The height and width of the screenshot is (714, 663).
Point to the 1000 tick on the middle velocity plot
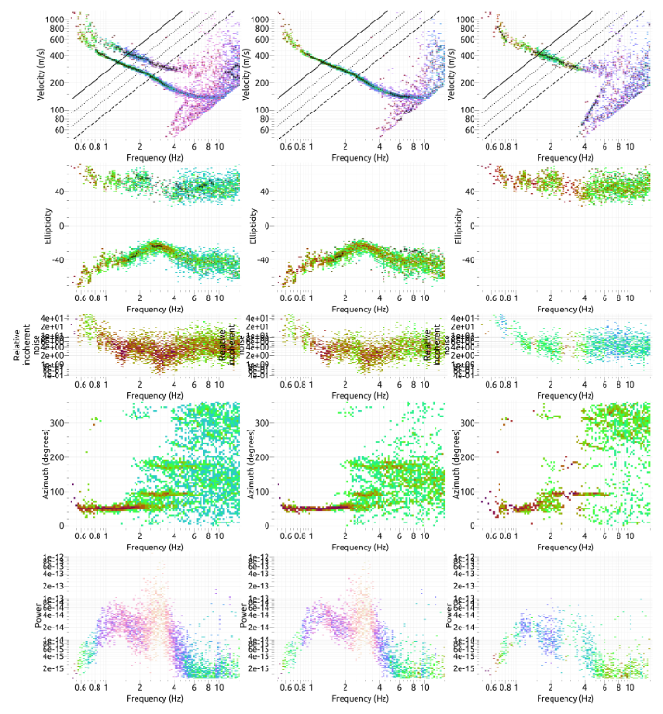point(261,18)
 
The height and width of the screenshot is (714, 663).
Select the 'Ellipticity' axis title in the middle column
point(252,225)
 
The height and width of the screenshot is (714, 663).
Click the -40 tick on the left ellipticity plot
point(54,259)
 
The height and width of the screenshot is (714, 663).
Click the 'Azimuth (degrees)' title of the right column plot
point(456,465)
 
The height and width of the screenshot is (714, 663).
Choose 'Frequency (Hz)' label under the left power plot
point(149,697)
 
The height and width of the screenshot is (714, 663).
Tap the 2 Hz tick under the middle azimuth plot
point(345,537)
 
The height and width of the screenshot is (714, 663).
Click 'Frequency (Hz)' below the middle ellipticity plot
point(355,307)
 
